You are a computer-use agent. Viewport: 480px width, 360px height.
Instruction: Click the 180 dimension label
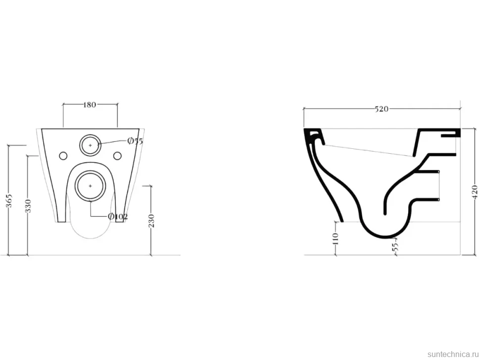[x=90, y=105]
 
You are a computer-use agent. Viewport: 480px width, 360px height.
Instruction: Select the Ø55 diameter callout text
[x=135, y=141]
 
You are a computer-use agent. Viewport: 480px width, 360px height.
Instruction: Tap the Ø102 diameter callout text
[x=118, y=217]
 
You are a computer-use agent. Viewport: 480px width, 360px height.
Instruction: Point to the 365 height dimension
[x=10, y=201]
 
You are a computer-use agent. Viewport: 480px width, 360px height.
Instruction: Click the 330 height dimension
[x=28, y=206]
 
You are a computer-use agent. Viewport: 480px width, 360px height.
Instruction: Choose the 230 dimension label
[x=151, y=221]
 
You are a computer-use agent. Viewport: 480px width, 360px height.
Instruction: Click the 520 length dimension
[x=382, y=109]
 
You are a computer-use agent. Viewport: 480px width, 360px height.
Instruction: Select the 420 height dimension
[x=475, y=192]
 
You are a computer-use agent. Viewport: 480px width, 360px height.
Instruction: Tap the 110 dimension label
[x=336, y=238]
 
